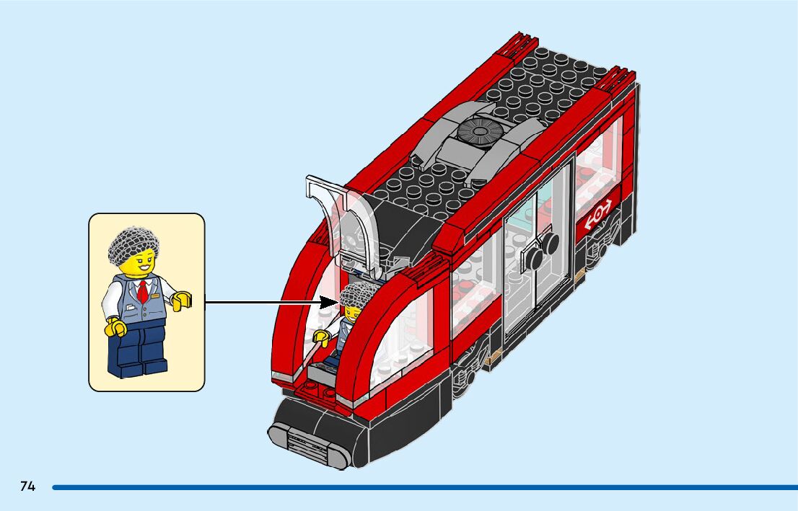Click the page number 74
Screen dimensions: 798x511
(27, 486)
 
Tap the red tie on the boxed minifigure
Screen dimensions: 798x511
(143, 292)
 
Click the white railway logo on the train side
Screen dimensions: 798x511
(599, 215)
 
